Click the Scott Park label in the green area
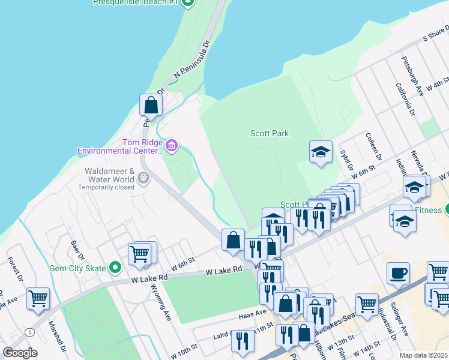pos(269,134)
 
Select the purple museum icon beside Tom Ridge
pos(172,145)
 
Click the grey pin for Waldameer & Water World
pos(143,177)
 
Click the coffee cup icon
pos(398,274)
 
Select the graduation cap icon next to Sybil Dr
pos(321,152)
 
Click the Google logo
pos(20,353)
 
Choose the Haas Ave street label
pos(253,313)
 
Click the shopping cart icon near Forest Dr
pos(38,298)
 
